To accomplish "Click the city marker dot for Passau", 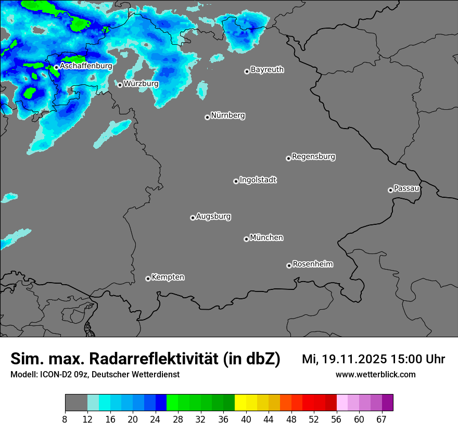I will tap(390, 190).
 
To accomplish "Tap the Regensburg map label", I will tap(313, 156).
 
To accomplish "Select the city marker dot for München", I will tap(246, 239).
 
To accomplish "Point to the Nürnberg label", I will tap(228, 116).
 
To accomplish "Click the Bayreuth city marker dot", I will tap(247, 71).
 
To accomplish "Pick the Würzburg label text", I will tap(141, 83).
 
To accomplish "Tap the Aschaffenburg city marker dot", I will tap(56, 67).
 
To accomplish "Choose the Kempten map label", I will tap(168, 277).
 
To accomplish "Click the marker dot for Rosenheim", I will tap(289, 266).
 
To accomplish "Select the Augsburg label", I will tap(213, 216).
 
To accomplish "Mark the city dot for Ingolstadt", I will tap(236, 181).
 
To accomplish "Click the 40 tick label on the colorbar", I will tap(246, 420).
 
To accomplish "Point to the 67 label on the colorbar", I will tap(381, 420).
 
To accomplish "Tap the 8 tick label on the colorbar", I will tap(65, 420).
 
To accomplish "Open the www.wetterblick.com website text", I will tap(375, 374).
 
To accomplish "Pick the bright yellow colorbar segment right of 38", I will tap(240, 403).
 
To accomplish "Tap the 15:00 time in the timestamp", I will tap(407, 359).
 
